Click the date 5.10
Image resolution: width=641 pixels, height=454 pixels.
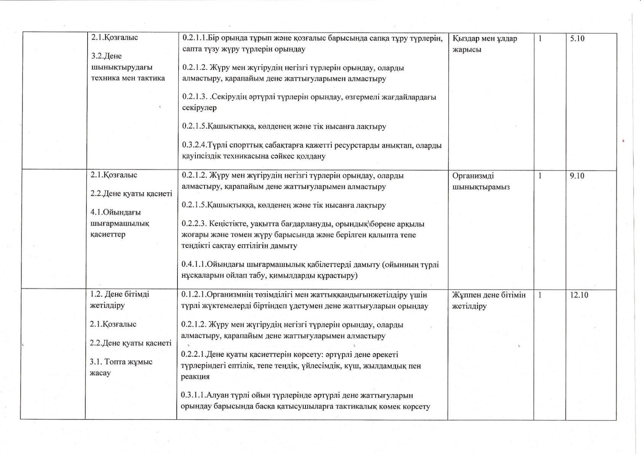(577, 39)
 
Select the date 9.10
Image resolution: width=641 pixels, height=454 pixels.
(577, 176)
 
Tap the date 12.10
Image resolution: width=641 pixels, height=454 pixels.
(579, 295)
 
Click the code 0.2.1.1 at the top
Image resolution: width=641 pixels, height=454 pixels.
(194, 38)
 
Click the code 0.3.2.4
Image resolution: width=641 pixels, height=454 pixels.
(194, 145)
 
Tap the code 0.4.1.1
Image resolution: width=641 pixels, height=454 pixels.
(194, 264)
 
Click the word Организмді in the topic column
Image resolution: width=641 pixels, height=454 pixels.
(473, 176)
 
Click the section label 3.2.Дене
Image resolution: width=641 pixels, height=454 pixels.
(106, 56)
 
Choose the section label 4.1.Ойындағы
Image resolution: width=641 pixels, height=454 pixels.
(115, 212)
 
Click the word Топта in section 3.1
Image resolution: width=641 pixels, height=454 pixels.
(117, 362)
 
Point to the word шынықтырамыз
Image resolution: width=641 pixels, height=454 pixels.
(481, 187)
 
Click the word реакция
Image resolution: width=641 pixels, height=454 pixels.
(195, 377)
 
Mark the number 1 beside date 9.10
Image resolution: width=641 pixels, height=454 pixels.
(540, 176)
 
